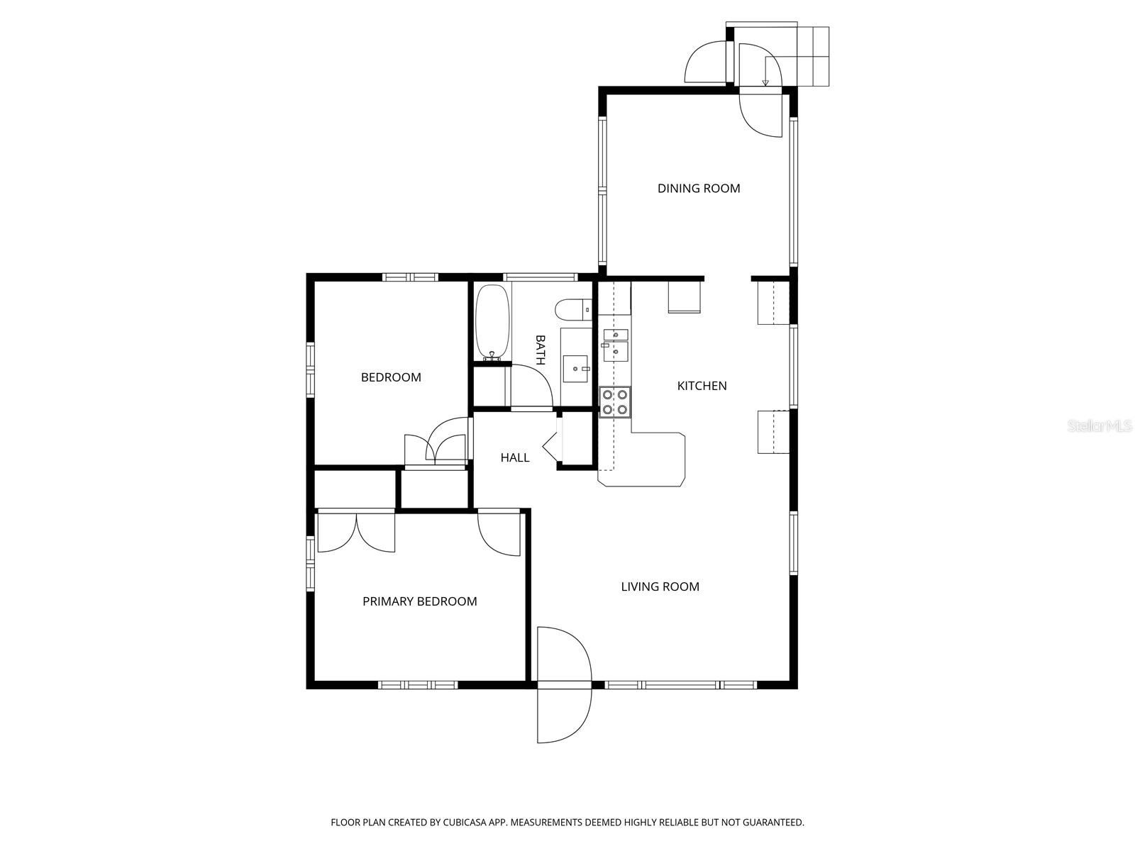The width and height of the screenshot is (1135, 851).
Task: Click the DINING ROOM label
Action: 698,188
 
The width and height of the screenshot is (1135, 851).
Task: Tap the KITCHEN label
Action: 702,386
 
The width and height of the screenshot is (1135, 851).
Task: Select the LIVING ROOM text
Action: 660,586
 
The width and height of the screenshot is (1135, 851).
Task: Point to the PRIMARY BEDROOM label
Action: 419,601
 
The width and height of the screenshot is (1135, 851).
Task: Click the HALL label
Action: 514,457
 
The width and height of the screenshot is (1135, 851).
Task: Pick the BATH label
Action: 540,350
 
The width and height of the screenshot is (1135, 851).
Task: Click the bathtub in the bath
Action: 493,322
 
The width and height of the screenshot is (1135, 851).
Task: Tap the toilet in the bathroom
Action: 573,310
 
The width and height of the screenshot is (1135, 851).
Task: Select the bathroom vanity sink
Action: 575,368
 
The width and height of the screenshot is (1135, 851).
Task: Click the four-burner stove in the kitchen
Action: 615,401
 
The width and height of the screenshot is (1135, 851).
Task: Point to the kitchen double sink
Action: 615,345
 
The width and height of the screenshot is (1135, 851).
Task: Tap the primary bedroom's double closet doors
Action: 356,532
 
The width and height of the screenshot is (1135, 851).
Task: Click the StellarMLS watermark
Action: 1099,426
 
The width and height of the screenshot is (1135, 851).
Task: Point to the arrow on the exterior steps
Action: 765,72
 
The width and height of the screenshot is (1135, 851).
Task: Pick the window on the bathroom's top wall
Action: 541,277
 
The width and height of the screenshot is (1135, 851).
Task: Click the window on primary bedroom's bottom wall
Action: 418,684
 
